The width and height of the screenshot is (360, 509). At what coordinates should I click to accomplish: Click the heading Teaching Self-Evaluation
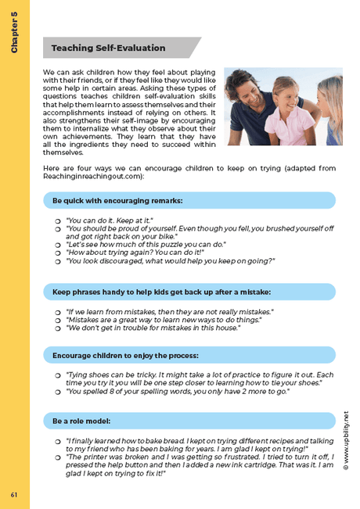tap(108, 48)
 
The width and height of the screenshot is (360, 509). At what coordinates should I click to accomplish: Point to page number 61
tap(14, 494)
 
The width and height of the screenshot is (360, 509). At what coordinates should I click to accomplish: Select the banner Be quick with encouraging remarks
tap(117, 201)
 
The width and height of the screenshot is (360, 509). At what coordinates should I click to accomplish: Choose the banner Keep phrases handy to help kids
tap(161, 292)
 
